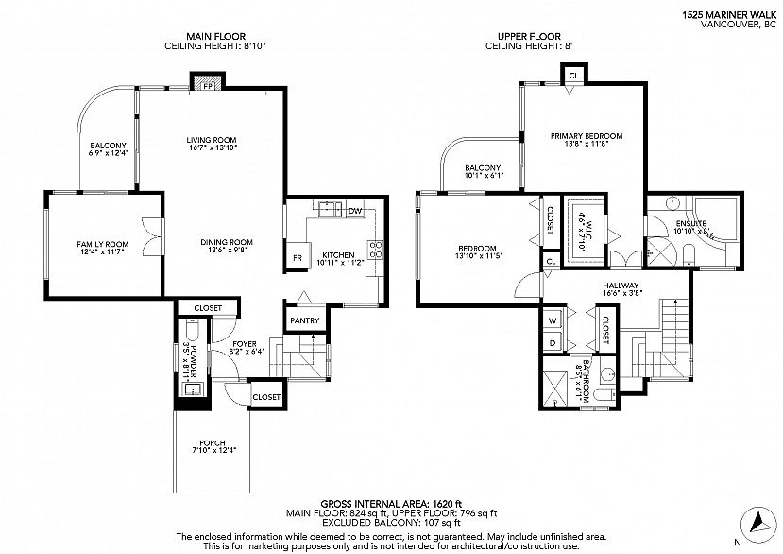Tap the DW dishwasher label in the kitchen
point(355,211)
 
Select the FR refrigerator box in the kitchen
point(298,257)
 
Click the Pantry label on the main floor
point(305,320)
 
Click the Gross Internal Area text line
point(390,503)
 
